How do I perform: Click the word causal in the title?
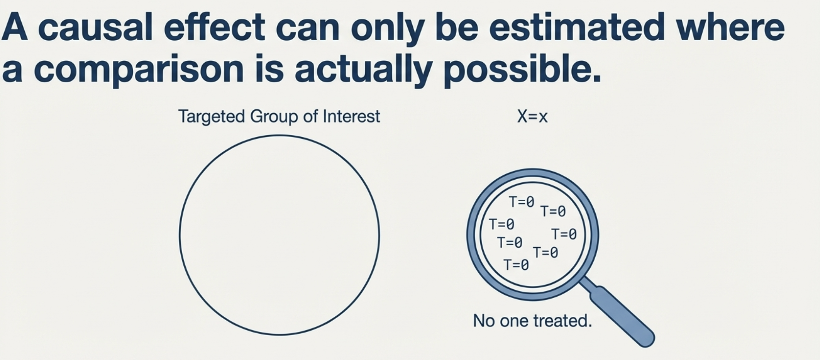click(x=95, y=27)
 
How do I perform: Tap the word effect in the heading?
click(x=214, y=27)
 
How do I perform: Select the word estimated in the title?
click(x=577, y=27)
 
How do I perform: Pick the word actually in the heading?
click(x=364, y=69)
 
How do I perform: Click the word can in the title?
click(x=307, y=29)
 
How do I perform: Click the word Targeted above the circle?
click(x=211, y=117)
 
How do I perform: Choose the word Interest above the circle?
click(x=351, y=116)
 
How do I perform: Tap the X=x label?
click(x=532, y=117)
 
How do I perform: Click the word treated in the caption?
click(x=563, y=321)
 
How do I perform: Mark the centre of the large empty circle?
click(x=279, y=235)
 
